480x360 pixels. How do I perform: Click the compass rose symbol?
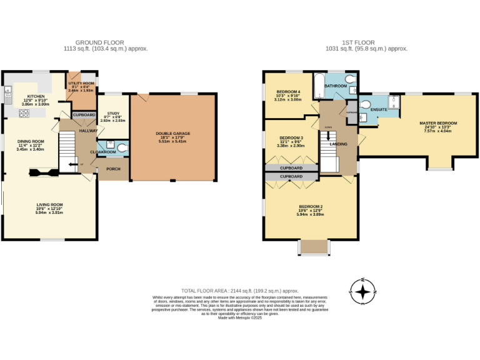click(362, 291)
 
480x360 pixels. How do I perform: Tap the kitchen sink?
click(8, 96)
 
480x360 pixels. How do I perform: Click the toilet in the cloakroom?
click(122, 148)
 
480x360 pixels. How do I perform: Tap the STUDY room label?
click(113, 113)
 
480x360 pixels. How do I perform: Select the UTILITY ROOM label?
click(81, 83)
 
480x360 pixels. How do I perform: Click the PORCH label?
click(113, 169)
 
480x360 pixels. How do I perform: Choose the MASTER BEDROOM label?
click(437, 123)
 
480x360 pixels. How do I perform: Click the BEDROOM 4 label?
click(288, 92)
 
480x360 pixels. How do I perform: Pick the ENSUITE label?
click(378, 109)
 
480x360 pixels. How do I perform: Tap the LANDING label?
click(339, 144)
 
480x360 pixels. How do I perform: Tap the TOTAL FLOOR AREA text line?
click(240, 291)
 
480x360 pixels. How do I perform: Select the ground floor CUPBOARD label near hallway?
click(84, 115)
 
